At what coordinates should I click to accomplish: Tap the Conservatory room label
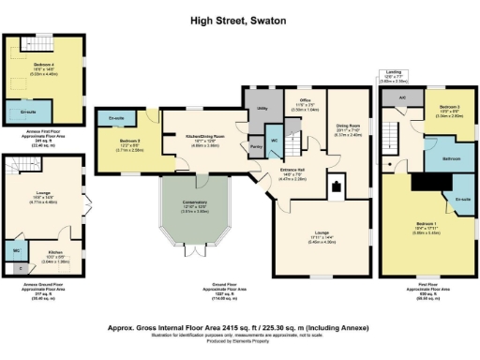[194, 208]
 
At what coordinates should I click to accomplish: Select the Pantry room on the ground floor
[255, 146]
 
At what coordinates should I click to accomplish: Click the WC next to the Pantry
[274, 142]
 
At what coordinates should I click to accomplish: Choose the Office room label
[305, 101]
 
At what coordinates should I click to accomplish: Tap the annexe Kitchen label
[54, 252]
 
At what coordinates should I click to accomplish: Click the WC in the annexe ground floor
[17, 251]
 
